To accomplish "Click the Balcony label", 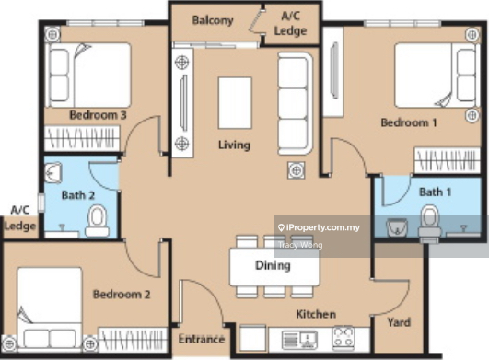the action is [x=213, y=20].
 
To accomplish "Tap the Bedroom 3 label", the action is [x=98, y=115].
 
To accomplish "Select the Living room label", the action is [x=234, y=145].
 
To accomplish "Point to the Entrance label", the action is [x=202, y=339].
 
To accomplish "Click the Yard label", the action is [x=399, y=322].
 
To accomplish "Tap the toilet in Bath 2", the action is [x=98, y=221].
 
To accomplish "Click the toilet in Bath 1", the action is [x=430, y=222].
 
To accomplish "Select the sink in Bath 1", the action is [x=397, y=226].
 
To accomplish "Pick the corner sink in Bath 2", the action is [x=53, y=172].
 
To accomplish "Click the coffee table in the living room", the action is [x=235, y=103].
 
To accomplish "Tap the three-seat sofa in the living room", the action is [x=295, y=103].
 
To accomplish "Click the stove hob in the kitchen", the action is [x=343, y=337].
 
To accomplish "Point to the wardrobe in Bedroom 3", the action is [x=82, y=138].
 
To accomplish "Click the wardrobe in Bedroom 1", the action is [x=447, y=160].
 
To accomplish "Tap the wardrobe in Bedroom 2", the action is [x=133, y=340].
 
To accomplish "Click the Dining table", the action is [x=274, y=266].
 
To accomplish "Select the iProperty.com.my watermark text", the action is [x=319, y=227].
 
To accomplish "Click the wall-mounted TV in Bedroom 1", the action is [x=335, y=71].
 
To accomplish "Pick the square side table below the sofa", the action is [x=297, y=170].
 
